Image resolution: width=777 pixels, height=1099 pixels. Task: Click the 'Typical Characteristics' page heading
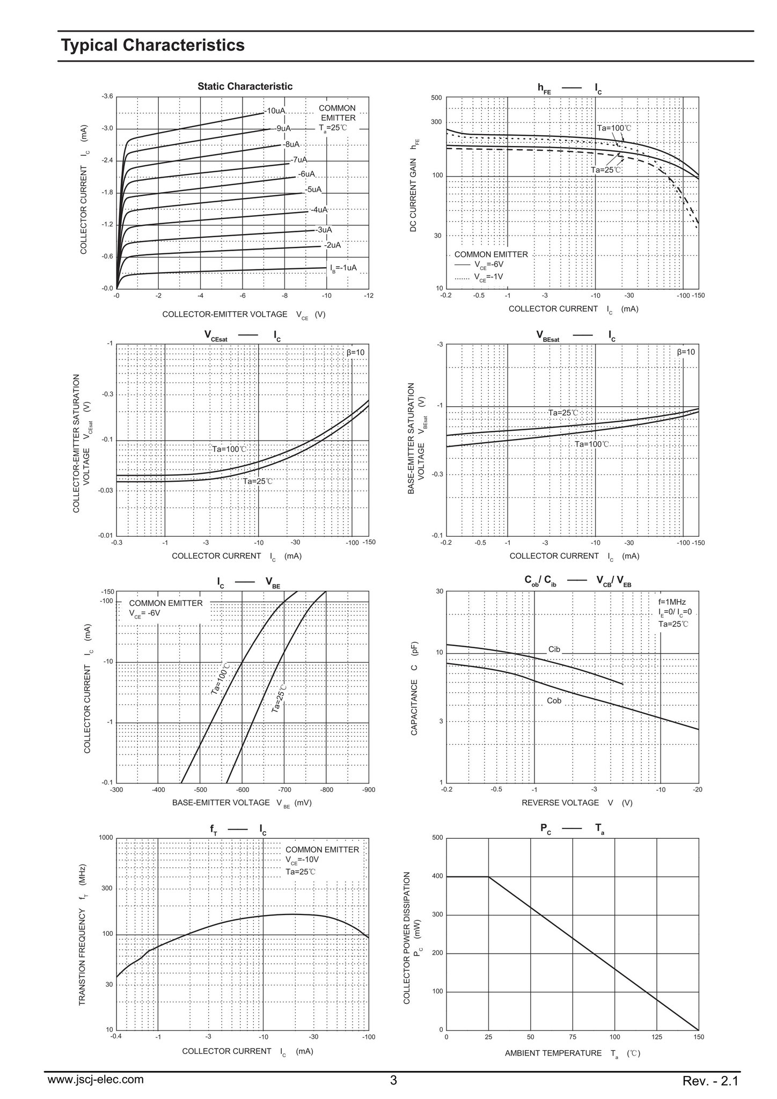(153, 45)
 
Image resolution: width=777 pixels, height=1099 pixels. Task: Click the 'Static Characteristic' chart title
(245, 86)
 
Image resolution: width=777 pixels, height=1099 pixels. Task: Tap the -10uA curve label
(275, 111)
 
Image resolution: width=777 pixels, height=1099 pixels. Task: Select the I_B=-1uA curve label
(343, 268)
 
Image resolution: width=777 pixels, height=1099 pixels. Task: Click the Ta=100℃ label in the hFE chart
(614, 128)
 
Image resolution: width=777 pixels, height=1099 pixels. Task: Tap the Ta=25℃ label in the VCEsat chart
(258, 481)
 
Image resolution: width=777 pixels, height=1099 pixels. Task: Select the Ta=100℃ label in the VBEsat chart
(592, 444)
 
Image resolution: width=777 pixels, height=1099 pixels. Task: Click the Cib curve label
(554, 649)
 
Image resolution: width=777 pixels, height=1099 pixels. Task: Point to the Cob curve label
(554, 701)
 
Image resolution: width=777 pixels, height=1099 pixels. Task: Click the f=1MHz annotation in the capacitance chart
(672, 602)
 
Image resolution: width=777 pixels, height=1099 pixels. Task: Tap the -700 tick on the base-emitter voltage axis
(284, 790)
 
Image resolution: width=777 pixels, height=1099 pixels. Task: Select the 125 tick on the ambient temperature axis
(657, 1037)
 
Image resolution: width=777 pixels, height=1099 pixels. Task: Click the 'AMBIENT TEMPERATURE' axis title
(553, 1053)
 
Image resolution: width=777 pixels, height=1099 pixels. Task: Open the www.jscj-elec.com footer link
(96, 1080)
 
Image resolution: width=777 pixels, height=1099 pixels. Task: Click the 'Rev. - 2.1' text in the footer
(711, 1081)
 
